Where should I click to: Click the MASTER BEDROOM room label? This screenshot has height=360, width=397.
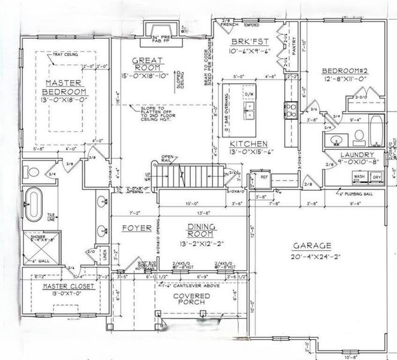[x=64, y=86]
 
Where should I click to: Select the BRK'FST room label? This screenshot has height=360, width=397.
[x=249, y=42]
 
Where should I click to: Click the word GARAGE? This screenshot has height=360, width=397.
[x=312, y=246]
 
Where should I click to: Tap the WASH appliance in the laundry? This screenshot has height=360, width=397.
[x=359, y=178]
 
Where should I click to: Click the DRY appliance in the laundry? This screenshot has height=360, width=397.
[x=376, y=178]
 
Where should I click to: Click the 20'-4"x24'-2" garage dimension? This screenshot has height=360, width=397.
[x=312, y=256]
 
